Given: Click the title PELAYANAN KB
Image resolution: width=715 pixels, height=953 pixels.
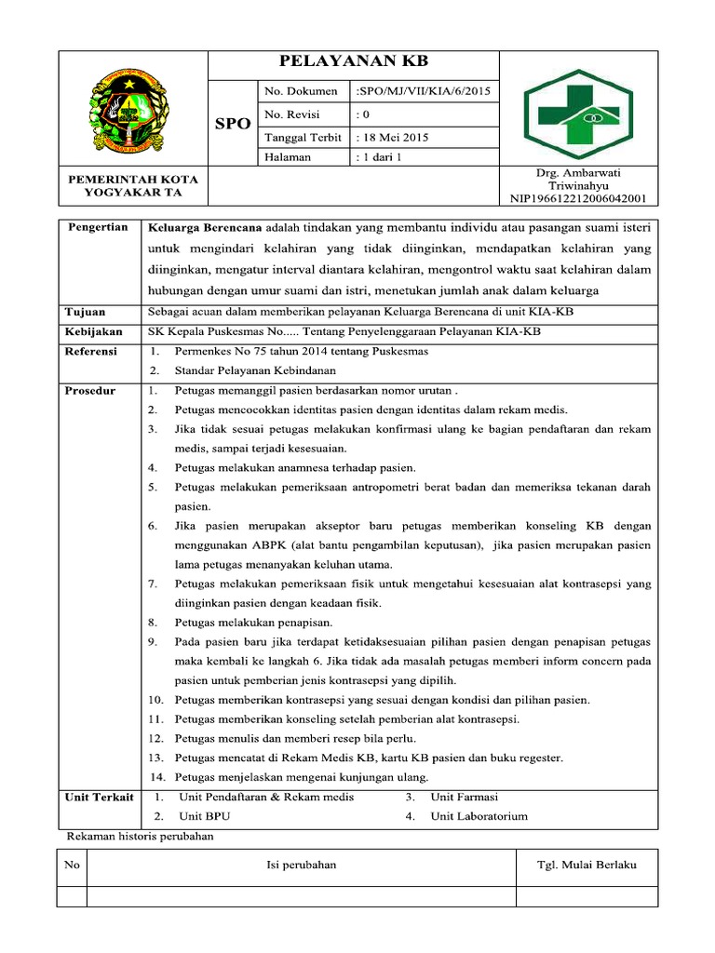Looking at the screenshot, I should coord(353,62).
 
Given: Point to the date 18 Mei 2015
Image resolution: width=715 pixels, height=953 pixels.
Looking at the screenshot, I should coord(392,136).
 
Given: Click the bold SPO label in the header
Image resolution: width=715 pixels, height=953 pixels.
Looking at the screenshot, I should coord(232,124).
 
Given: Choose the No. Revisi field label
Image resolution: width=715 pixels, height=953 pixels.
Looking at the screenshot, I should coord(292,114).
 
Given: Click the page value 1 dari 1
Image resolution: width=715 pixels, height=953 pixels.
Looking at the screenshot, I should coord(378,157).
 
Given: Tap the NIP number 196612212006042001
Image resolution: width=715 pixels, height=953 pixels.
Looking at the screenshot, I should coord(578,198).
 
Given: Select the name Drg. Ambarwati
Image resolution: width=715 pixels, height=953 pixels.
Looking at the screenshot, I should coord(578,173).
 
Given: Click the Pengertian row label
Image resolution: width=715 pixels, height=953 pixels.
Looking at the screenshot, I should coord(98,228).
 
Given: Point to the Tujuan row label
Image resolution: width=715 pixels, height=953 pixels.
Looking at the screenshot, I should coord(85,312).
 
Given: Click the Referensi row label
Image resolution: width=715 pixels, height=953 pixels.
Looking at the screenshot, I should coord(91,351).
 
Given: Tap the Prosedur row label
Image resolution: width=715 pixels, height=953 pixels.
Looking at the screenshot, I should coord(90,390).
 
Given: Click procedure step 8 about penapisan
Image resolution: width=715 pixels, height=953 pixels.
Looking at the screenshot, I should coord(253,622).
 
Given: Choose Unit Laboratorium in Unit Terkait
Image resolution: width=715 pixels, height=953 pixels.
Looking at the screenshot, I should coord(479,816).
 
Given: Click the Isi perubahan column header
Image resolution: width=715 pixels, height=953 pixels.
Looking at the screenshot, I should coord(302,866).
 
